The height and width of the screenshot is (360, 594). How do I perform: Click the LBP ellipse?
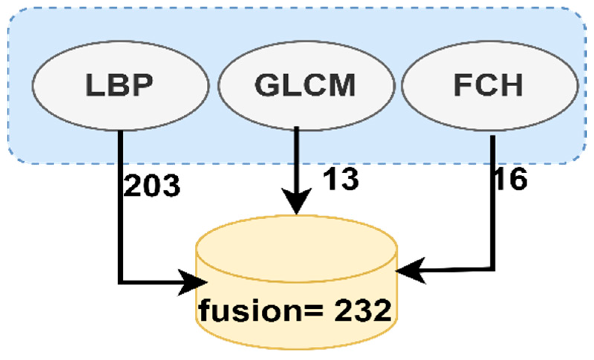click(120, 86)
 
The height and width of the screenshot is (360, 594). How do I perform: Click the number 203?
click(152, 186)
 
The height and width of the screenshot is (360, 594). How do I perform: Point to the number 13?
click(340, 179)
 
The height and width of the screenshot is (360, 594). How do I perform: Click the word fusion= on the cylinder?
click(260, 311)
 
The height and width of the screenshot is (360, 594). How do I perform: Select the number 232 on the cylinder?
click(362, 311)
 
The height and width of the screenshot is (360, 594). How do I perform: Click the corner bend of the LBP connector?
click(120, 282)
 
